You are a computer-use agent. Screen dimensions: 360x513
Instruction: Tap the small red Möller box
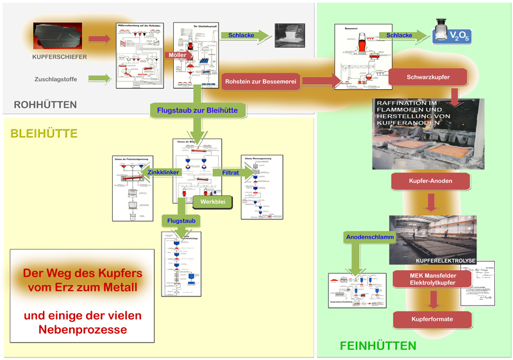tap(177, 56)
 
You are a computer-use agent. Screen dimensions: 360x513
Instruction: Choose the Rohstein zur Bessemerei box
tap(262, 81)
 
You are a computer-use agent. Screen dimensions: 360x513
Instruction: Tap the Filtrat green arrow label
tap(230, 172)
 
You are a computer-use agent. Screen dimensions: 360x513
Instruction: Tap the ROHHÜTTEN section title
tap(45, 105)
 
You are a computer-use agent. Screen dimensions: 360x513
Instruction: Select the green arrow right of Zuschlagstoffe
tap(98, 79)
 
